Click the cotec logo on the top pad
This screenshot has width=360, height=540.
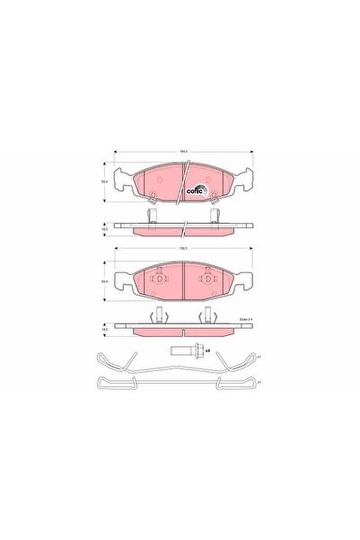[x=195, y=188]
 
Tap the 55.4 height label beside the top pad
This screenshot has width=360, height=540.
[x=106, y=182]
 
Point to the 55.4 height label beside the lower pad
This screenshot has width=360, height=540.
[x=106, y=280]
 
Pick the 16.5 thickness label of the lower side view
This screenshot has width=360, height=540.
[x=106, y=330]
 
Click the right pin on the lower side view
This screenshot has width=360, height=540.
[x=207, y=315]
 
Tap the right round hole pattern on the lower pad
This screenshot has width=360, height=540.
[x=206, y=279]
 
